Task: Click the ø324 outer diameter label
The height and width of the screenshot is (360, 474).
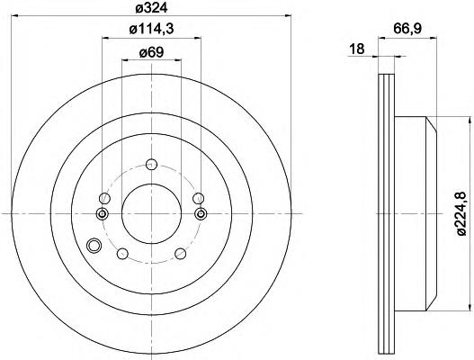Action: click(151, 8)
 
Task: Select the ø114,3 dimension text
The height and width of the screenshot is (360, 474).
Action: click(151, 30)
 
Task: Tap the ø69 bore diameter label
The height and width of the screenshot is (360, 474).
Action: click(151, 52)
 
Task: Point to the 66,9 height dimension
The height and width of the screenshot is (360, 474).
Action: click(407, 29)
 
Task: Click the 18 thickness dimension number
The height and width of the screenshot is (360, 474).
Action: click(357, 49)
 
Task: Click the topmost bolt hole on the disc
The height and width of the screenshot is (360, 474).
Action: click(151, 165)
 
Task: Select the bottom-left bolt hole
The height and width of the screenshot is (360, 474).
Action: click(122, 254)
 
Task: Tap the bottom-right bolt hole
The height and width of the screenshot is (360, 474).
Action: click(181, 254)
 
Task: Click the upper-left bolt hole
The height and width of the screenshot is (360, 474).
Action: click(104, 198)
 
